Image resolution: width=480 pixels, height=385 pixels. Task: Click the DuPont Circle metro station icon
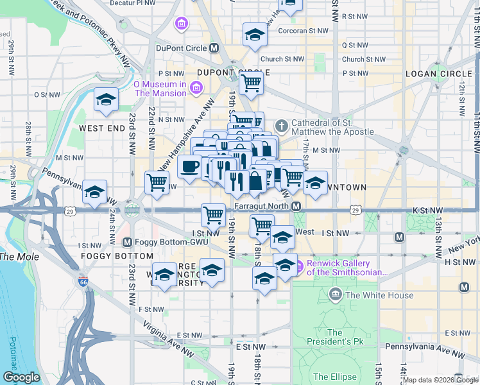pos(214,48)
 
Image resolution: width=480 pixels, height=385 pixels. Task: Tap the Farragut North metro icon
pos(296,206)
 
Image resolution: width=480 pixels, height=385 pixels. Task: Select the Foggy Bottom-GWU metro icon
pos(127,243)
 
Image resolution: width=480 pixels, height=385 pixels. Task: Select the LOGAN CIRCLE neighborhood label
pos(438,74)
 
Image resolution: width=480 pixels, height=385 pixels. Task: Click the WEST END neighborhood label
pos(101,128)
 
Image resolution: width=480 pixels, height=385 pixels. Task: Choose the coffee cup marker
pos(189,167)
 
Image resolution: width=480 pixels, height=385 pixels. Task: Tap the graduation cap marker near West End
pos(106,99)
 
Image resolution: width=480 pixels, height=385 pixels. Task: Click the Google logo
pos(22,377)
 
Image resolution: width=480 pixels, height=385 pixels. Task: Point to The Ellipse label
pos(334,377)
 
